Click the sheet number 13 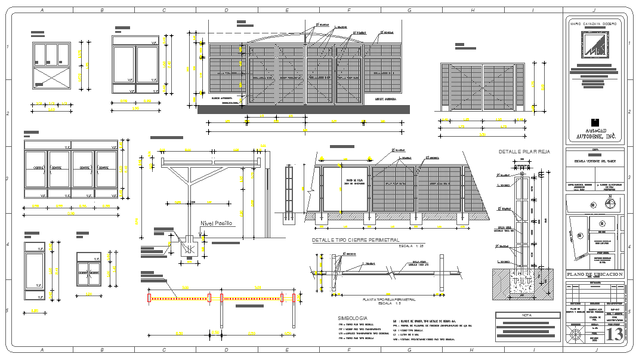[x=614, y=334]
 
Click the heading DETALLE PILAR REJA [x=524, y=152]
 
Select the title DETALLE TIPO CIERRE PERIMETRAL [x=356, y=240]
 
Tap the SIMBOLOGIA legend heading [x=352, y=318]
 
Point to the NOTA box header [x=526, y=315]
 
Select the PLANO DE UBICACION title [x=594, y=274]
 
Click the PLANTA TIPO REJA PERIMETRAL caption [x=388, y=299]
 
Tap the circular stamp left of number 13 [x=576, y=335]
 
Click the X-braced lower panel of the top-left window [x=51, y=77]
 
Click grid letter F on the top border [x=348, y=10]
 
